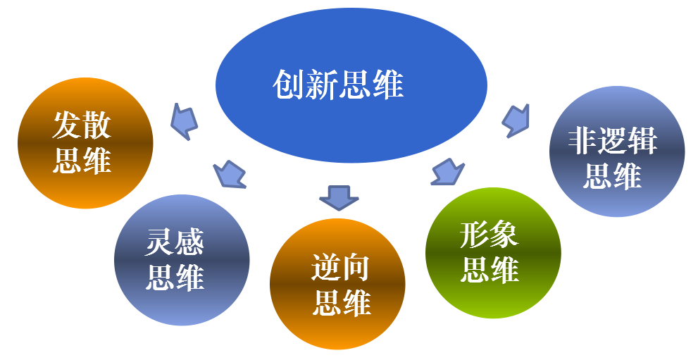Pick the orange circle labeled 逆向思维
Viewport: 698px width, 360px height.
point(337,284)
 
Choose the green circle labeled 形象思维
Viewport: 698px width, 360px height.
point(493,252)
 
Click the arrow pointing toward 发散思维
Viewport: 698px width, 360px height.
point(185,122)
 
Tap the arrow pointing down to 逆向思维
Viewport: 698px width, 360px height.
point(339,197)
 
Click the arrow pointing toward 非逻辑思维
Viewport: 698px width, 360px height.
point(516,120)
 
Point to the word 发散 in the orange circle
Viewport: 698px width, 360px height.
point(82,127)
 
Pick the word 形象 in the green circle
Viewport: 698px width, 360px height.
point(490,236)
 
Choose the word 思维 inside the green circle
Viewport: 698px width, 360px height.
point(490,269)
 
